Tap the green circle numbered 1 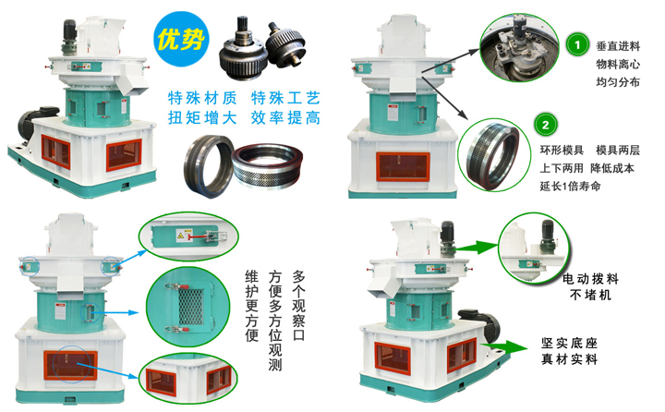tap(576, 43)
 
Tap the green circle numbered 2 tap(546, 124)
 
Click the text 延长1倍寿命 tap(574, 187)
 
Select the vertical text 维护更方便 tap(251, 310)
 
